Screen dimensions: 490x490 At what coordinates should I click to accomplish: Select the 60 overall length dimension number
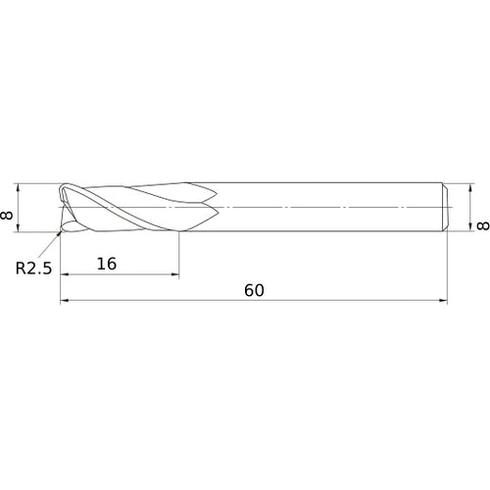255,290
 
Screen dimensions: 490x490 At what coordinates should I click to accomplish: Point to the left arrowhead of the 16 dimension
65,273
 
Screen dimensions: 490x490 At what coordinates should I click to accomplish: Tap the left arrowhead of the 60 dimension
66,302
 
